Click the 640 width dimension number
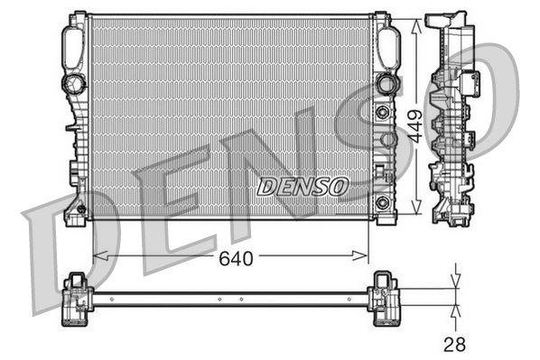coord(237,258)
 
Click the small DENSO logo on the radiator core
coord(302,186)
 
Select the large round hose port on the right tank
coord(387,84)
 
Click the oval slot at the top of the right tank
coord(390,45)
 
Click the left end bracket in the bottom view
coord(78,298)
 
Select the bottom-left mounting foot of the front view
coord(75,214)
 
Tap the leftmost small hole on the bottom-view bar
coord(111,298)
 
